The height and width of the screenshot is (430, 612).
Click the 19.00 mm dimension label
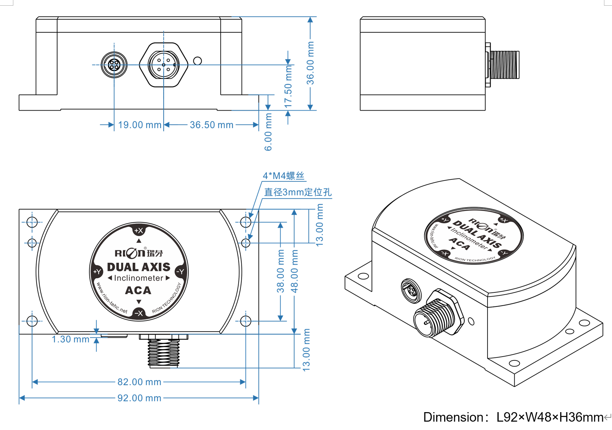pos(139,125)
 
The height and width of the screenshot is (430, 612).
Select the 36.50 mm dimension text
pos(211,125)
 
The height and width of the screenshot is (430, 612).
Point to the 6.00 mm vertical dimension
pos(268,132)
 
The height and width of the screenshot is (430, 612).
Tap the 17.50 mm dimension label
pos(288,86)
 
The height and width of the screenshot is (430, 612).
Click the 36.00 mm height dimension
pos(311,63)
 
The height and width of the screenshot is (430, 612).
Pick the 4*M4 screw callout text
pos(284,176)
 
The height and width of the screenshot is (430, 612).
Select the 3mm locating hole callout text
pos(298,192)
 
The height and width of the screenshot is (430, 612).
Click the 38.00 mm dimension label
pos(280,271)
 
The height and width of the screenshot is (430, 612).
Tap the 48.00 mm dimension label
pos(295,271)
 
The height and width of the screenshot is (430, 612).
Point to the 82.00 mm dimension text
pos(139,382)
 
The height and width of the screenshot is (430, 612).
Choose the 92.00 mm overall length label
pos(139,398)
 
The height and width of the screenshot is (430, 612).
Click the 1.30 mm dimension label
pos(70,339)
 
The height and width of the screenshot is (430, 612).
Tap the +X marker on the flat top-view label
pos(139,230)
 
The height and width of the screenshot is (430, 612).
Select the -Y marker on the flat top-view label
pos(180,271)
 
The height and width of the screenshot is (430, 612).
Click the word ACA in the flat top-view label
pos(138,290)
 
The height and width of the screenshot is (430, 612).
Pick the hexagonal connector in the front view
pos(164,65)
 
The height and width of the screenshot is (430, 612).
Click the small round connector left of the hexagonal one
pos(114,65)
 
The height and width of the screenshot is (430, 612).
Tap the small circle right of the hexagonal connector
pos(198,61)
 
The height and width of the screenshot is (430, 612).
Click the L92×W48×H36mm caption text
pos(550,417)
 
